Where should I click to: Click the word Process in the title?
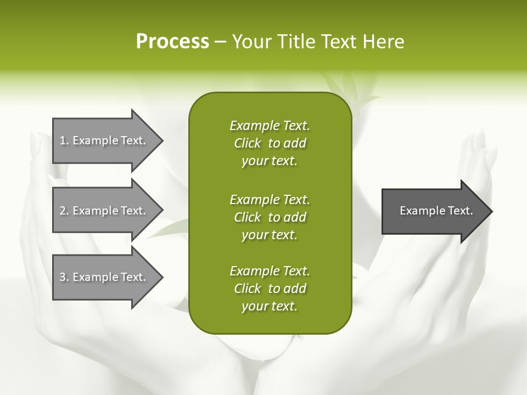tap(172, 42)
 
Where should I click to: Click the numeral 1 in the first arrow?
tap(63, 140)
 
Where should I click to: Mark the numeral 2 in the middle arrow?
tap(63, 211)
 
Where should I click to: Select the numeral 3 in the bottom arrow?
tap(63, 277)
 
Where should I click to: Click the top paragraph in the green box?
tap(270, 143)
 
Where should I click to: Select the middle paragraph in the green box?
tap(270, 217)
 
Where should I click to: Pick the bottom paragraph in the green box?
tap(270, 289)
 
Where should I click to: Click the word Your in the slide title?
tap(250, 42)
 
